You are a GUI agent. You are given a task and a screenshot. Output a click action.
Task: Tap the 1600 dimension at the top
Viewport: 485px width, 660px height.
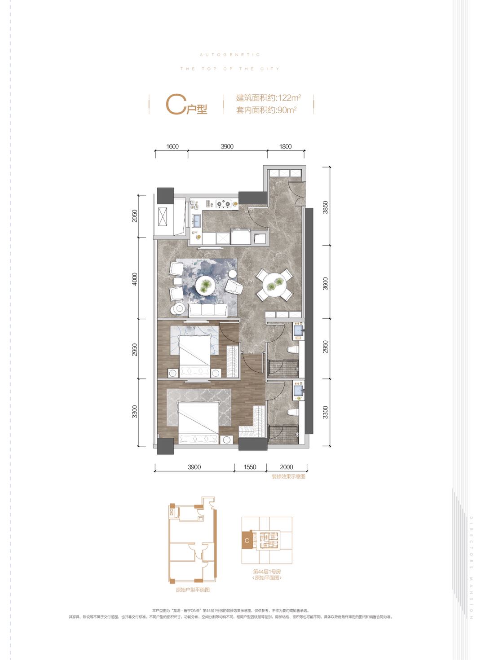[172, 146]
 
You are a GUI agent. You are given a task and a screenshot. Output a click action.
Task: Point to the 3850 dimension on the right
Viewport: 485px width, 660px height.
[326, 207]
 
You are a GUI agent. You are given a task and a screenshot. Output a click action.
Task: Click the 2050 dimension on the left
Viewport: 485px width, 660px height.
[135, 216]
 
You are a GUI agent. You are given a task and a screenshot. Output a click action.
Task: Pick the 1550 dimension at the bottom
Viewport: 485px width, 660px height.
[250, 467]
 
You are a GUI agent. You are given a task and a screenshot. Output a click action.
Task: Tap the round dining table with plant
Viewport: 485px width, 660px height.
[274, 283]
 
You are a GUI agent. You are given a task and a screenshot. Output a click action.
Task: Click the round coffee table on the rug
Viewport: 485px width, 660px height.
[205, 285]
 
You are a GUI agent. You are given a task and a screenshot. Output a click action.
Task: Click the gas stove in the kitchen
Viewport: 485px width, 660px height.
[223, 204]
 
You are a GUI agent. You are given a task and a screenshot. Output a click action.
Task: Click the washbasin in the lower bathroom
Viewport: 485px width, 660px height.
[298, 391]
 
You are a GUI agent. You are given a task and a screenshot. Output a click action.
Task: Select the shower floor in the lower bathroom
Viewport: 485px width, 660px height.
[283, 434]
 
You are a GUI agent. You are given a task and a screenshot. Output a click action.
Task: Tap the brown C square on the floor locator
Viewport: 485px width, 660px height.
[247, 541]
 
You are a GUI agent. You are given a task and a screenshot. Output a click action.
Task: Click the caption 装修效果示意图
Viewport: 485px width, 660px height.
[288, 476]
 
